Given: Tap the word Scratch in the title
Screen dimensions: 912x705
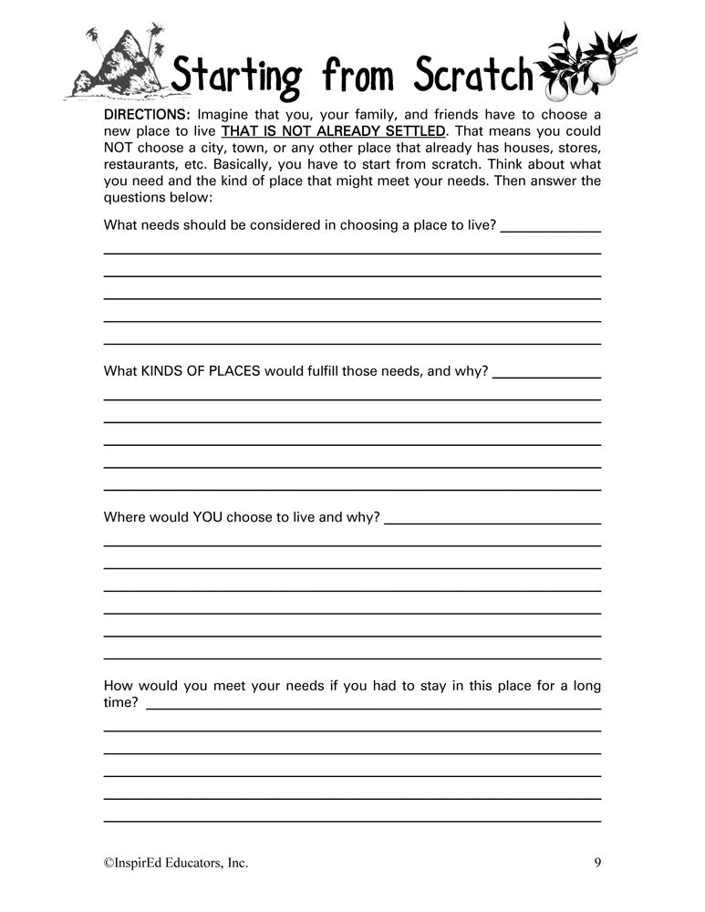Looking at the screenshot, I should click(472, 76).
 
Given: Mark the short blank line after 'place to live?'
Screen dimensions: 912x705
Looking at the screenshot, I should click(551, 231).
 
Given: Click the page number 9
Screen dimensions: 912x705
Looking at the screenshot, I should click(596, 862).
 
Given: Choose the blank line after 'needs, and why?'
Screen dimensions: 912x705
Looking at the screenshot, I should click(546, 378).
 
